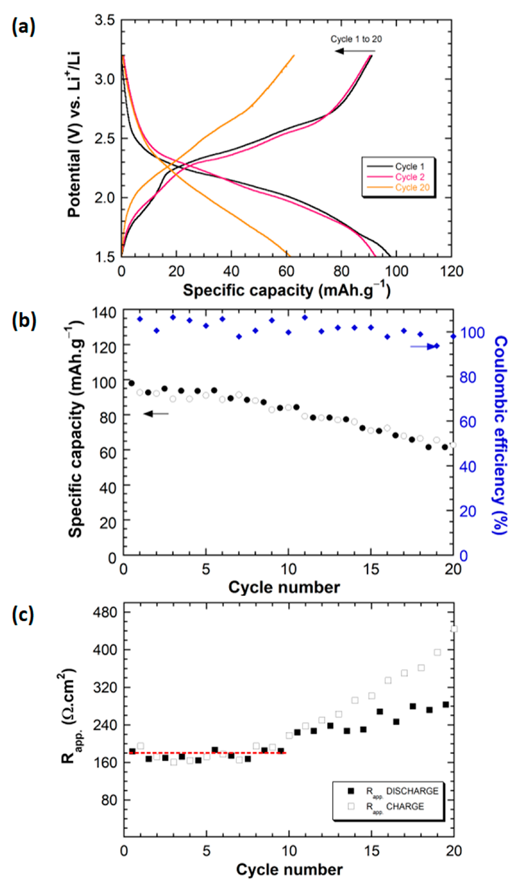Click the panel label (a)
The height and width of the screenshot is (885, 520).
point(23,27)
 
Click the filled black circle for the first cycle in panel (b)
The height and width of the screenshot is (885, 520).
point(132,383)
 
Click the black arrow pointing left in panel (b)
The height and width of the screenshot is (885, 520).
point(156,414)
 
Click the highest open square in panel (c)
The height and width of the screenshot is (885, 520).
point(454,629)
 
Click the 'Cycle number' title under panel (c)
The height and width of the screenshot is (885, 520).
point(289,870)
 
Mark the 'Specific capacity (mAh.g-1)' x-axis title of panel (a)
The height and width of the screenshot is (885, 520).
point(287,291)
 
